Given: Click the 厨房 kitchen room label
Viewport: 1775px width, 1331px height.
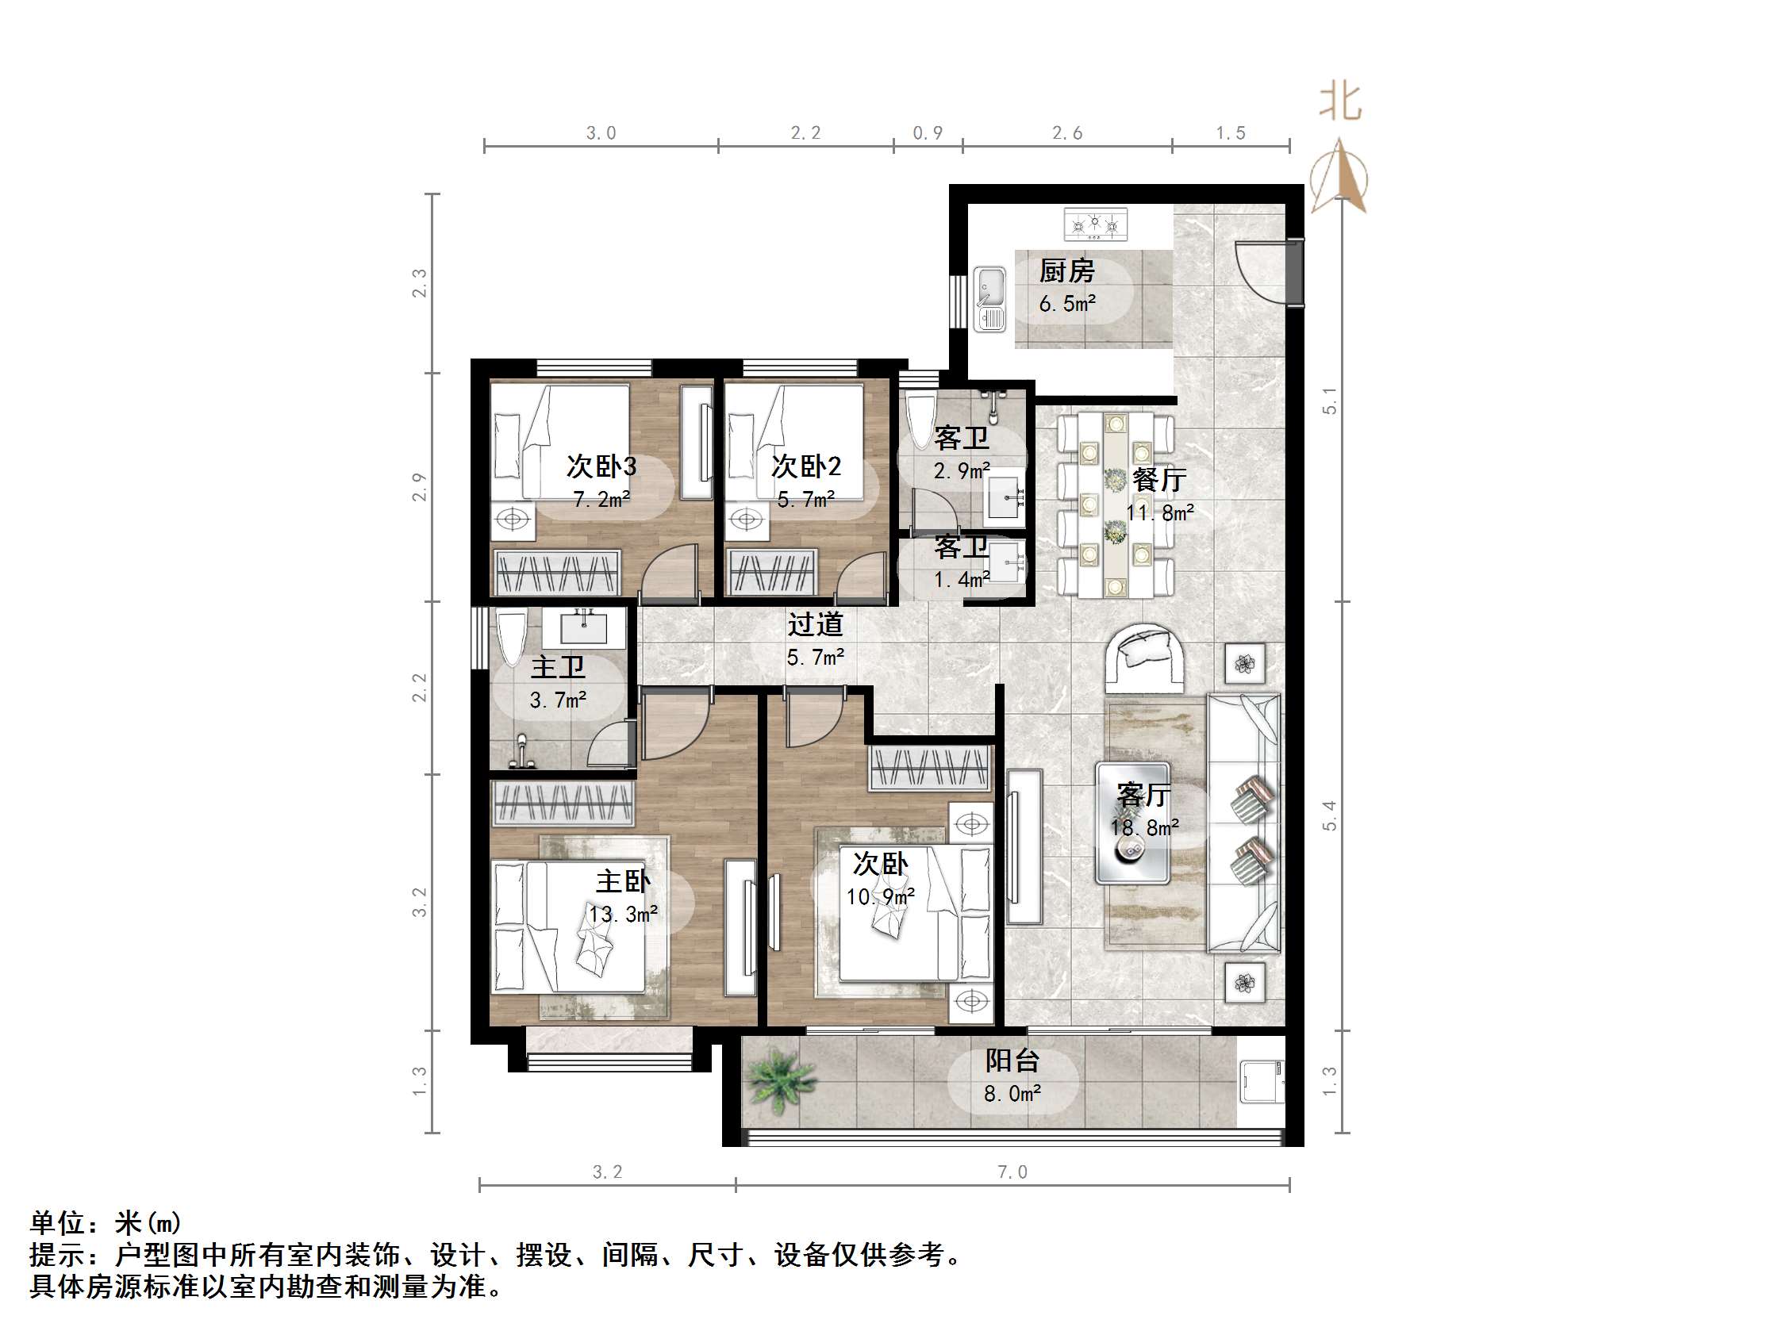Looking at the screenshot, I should click(x=1066, y=271).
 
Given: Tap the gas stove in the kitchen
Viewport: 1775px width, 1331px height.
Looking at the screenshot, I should click(x=1095, y=224).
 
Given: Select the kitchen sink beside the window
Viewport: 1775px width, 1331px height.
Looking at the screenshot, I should click(x=990, y=299).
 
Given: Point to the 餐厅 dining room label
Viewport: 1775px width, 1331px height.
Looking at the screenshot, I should click(x=1158, y=480).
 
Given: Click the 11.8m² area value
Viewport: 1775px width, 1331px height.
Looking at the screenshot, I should click(x=1160, y=512).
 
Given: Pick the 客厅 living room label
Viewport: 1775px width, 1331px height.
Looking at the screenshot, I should click(x=1143, y=795).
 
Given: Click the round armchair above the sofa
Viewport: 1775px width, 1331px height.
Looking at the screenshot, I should click(x=1147, y=656).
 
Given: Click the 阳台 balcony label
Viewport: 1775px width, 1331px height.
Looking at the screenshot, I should click(x=1012, y=1061).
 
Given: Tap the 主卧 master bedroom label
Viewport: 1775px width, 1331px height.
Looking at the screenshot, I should click(x=623, y=881).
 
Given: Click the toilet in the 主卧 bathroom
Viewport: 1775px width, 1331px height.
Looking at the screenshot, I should click(x=511, y=639).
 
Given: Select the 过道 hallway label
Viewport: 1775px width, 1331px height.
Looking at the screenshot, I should click(x=814, y=624).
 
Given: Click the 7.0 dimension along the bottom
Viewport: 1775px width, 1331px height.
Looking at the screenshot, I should click(x=1012, y=1172).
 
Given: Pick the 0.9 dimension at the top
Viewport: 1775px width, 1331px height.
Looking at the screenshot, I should click(x=928, y=133).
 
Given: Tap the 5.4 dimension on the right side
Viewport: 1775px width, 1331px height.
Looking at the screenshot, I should click(x=1329, y=815).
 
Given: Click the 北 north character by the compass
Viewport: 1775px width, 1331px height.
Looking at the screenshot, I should click(x=1340, y=102).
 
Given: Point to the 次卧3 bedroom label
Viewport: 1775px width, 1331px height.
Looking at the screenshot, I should click(x=601, y=466).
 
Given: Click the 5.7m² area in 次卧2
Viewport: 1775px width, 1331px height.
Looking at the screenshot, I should click(x=805, y=500).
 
